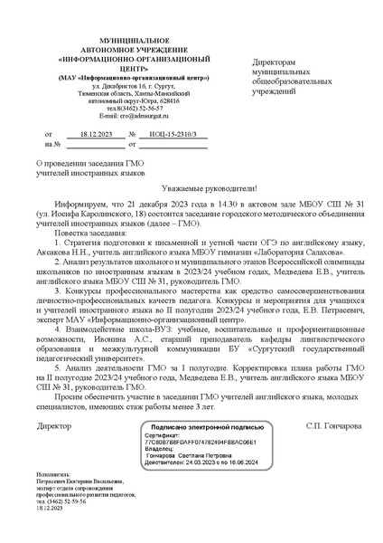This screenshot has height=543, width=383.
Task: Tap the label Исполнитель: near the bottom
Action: tap(56, 499)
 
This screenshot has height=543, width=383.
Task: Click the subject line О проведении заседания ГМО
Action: tap(88, 159)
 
